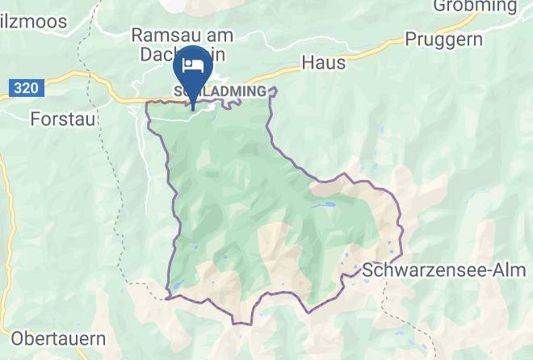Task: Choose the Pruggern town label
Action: (444, 39)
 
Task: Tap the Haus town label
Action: (323, 62)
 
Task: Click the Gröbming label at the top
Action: (474, 7)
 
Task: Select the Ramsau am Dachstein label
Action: (182, 44)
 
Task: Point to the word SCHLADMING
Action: (220, 92)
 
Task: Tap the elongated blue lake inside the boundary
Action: (329, 206)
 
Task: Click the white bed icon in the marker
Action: (191, 65)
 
